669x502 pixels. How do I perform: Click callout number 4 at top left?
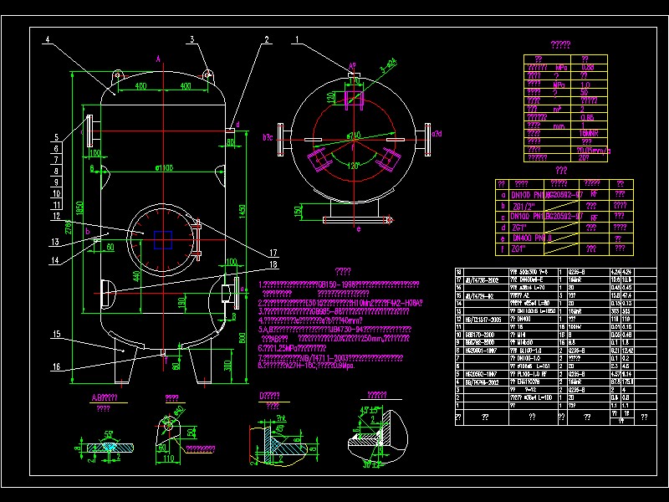coord(49,40)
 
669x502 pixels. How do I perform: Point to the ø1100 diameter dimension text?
coord(164,168)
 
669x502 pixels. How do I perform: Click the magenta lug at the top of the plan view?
coord(353,79)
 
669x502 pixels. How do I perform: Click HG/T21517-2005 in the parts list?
coord(483,319)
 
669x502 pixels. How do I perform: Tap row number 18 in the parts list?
coord(457,273)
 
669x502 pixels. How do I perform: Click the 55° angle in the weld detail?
coord(108,434)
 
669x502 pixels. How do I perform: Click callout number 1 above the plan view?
coord(296,39)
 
